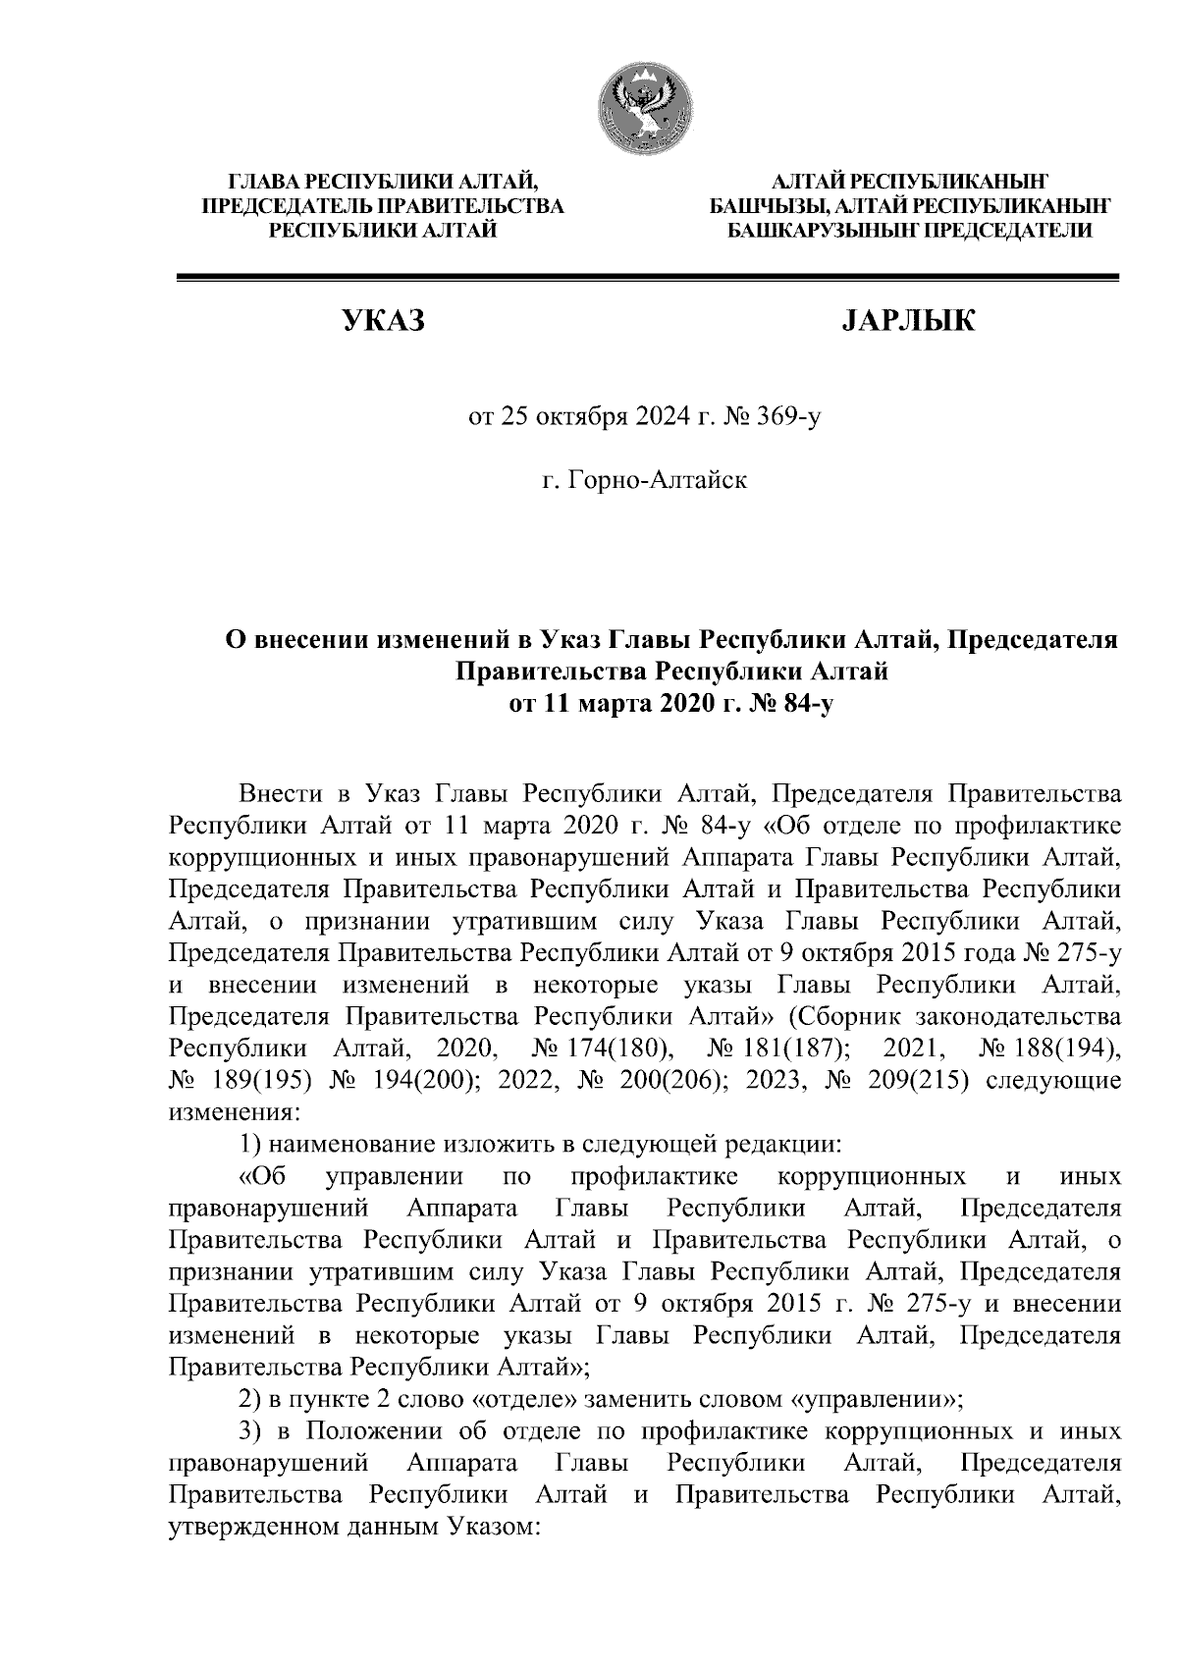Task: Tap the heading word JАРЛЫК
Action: click(909, 321)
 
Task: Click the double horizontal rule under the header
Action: click(647, 280)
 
